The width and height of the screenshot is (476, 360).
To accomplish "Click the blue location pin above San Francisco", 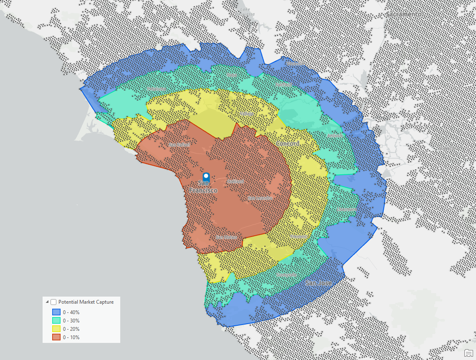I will click(205, 176).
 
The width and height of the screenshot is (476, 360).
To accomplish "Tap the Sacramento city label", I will click(403, 14).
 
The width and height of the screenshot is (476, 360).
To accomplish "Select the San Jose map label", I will click(318, 283).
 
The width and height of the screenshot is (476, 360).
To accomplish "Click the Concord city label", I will click(287, 143).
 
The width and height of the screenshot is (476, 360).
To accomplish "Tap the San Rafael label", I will click(179, 145).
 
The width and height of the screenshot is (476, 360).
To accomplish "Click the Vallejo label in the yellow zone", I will click(246, 113).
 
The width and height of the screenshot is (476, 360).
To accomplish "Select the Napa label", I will click(232, 75).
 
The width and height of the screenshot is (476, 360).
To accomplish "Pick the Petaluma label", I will click(157, 89).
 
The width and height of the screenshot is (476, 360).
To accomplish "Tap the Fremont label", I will click(298, 237).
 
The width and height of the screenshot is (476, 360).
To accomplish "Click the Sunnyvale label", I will click(286, 275).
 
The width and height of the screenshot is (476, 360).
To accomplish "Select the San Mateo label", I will click(226, 237).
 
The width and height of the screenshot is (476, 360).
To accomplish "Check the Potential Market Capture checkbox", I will click(53, 302).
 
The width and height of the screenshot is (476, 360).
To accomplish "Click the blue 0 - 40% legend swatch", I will click(56, 312).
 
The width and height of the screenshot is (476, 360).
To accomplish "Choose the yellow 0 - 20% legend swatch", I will click(56, 329).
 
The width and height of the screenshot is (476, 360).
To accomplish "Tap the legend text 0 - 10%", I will click(71, 337).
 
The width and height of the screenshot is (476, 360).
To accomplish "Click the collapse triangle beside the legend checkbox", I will click(47, 302).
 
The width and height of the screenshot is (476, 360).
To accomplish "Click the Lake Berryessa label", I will click(246, 11).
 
